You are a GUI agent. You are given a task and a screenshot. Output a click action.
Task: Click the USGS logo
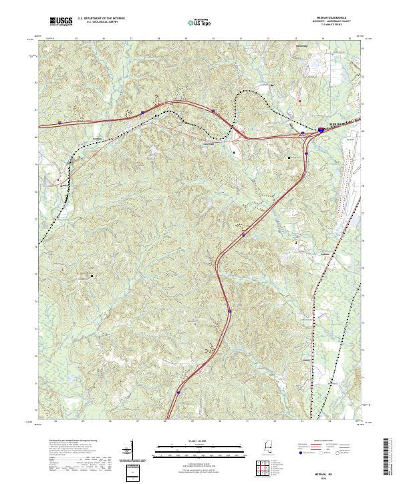point(61,22)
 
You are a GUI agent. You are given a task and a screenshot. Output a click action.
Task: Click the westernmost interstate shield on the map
point(59,123)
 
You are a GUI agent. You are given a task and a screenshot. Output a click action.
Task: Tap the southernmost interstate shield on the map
point(179,393)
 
